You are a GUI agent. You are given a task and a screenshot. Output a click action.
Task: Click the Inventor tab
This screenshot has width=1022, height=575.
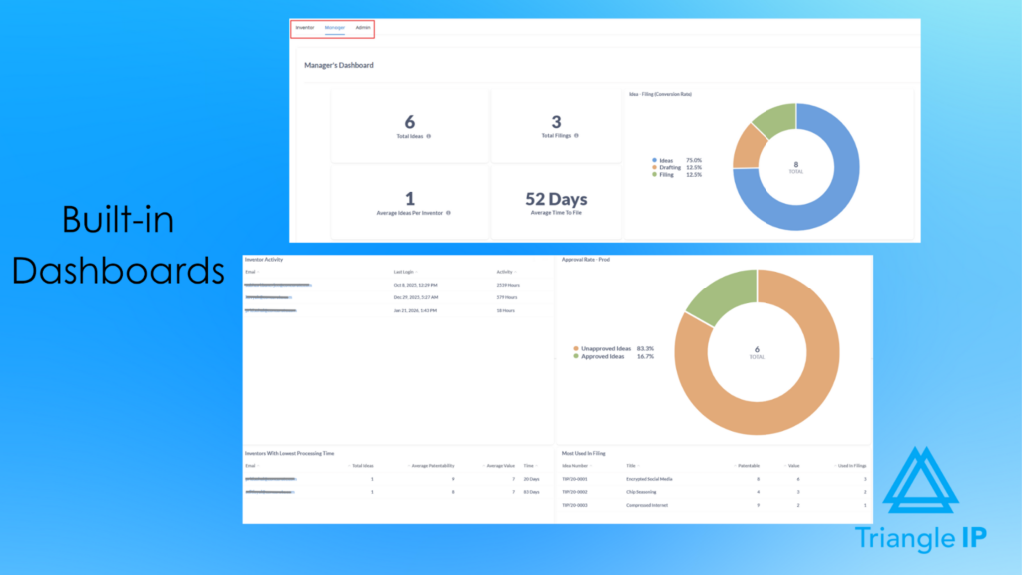(305, 28)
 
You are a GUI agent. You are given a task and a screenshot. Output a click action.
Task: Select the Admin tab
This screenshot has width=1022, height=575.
(363, 28)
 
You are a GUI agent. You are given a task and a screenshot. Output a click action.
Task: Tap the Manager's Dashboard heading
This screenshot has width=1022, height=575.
(339, 66)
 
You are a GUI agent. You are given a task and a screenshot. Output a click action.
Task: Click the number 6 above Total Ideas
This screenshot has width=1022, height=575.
(410, 122)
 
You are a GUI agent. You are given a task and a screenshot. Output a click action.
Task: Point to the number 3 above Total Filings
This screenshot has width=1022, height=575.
(557, 122)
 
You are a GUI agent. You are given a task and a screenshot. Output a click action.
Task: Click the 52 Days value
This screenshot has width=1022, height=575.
(557, 199)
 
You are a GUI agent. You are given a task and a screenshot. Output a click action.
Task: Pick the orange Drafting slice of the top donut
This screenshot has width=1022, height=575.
(748, 148)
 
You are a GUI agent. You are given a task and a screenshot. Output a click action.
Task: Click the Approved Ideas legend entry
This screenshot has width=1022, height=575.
(605, 356)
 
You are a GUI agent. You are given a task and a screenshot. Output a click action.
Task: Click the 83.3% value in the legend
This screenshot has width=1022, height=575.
(645, 348)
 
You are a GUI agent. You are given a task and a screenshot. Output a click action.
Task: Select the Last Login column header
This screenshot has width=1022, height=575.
(405, 272)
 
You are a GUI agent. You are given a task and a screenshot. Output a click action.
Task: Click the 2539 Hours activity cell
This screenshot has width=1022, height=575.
(507, 285)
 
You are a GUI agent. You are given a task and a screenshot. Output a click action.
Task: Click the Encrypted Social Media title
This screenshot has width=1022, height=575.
(650, 479)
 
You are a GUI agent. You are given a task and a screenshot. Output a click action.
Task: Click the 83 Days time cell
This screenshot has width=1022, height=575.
(531, 492)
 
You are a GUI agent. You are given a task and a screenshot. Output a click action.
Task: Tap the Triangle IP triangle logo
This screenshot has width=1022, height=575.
(920, 484)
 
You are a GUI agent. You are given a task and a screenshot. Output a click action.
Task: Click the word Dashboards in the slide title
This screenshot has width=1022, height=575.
(119, 270)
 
